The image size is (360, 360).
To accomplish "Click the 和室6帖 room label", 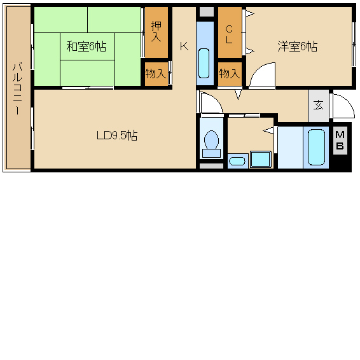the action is (x=87, y=46).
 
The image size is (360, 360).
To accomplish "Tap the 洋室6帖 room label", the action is (x=298, y=46).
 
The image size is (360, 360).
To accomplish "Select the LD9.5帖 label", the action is (x=117, y=135).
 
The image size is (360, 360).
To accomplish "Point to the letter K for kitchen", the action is (x=184, y=46).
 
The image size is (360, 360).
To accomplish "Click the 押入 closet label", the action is (x=156, y=32).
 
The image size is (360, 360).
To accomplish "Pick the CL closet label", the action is (x=229, y=35).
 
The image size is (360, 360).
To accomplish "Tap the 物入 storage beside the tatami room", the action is (x=156, y=74).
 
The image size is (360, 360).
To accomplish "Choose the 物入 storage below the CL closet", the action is (x=229, y=74).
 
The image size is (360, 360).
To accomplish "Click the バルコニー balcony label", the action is (x=17, y=88).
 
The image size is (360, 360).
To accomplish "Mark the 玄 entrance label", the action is (x=318, y=106).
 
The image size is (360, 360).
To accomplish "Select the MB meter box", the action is (x=340, y=141).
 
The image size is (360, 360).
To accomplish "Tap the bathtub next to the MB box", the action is (x=316, y=147).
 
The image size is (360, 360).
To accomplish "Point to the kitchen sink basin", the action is (x=204, y=63).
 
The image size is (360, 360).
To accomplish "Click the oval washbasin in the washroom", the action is (x=237, y=161).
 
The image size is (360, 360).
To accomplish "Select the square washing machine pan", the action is (x=261, y=159).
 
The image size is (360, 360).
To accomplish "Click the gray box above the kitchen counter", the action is (x=207, y=11).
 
